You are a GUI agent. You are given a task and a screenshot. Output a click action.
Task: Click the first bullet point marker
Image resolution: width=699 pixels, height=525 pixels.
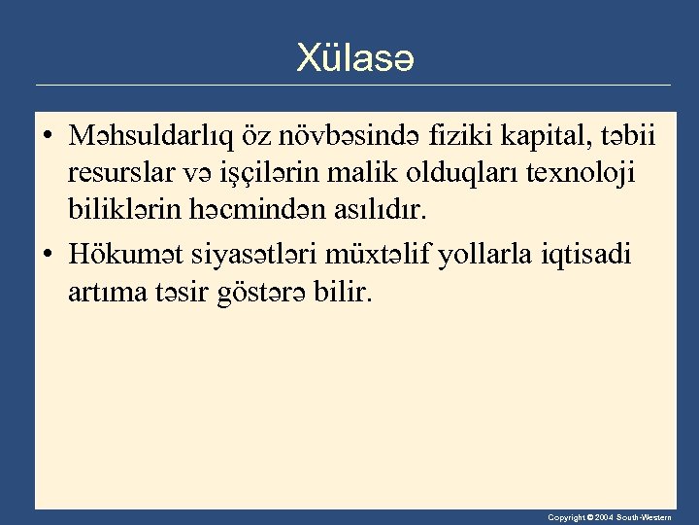48,139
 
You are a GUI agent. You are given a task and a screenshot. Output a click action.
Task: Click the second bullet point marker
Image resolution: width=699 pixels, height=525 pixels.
48,257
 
